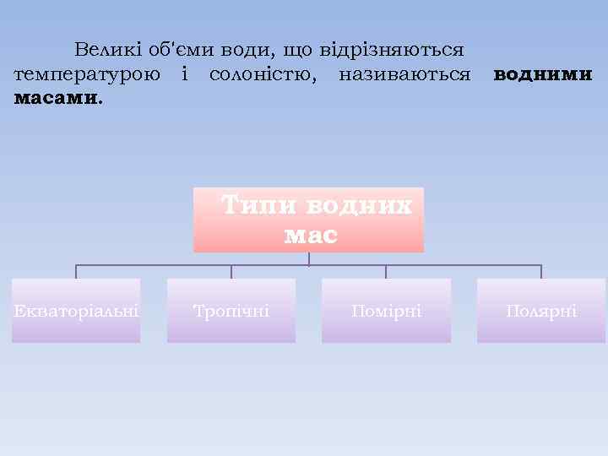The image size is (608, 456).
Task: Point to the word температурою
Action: pyautogui.click(x=87, y=74)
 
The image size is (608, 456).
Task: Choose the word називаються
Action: pyautogui.click(x=404, y=74)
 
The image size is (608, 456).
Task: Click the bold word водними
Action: pyautogui.click(x=543, y=74)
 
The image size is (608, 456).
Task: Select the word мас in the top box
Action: pyautogui.click(x=310, y=236)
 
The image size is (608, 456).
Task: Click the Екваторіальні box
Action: pyautogui.click(x=76, y=311)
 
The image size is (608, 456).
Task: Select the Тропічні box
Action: pyautogui.click(x=231, y=311)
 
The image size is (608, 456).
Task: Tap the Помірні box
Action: pyautogui.click(x=386, y=311)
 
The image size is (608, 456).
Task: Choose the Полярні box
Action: pyautogui.click(x=541, y=311)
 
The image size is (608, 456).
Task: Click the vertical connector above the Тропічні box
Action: pyautogui.click(x=231, y=272)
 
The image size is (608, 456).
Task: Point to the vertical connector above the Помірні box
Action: pyautogui.click(x=386, y=272)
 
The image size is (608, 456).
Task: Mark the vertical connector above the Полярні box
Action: pyautogui.click(x=541, y=272)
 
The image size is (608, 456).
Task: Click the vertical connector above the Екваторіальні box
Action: pyautogui.click(x=76, y=272)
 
